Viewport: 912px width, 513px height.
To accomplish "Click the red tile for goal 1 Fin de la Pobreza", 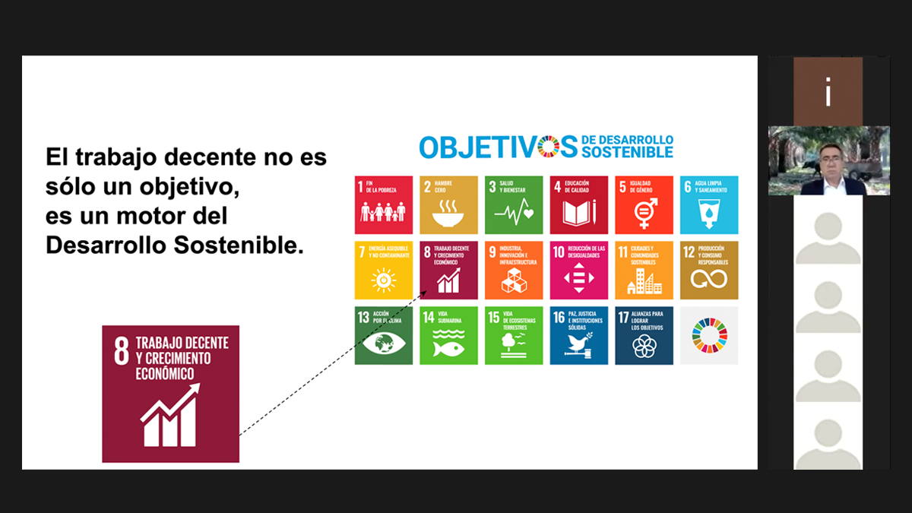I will pyautogui.click(x=384, y=204).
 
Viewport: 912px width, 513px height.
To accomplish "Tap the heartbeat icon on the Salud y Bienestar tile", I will pyautogui.click(x=514, y=215).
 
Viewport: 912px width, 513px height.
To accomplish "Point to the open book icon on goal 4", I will pyautogui.click(x=579, y=214).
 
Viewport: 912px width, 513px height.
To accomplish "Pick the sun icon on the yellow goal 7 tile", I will pyautogui.click(x=384, y=280).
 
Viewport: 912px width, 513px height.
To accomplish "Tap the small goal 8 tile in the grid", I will pyautogui.click(x=448, y=270).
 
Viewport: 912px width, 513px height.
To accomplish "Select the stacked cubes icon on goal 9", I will pyautogui.click(x=514, y=280).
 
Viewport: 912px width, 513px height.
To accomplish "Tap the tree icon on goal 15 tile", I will pyautogui.click(x=514, y=344).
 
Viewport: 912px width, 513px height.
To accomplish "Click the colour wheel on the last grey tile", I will pyautogui.click(x=709, y=335).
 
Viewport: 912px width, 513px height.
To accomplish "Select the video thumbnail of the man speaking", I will pyautogui.click(x=828, y=160).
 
